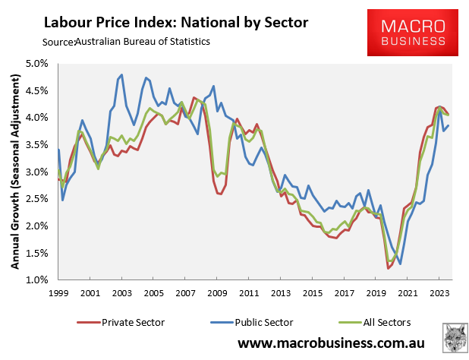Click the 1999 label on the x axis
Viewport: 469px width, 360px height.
(x=58, y=292)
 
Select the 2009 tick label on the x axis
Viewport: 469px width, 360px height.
(x=218, y=292)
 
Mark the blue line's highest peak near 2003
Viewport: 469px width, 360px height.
(x=121, y=75)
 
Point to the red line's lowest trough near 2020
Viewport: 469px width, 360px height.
(x=389, y=268)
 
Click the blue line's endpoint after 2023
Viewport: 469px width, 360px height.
(x=449, y=126)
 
